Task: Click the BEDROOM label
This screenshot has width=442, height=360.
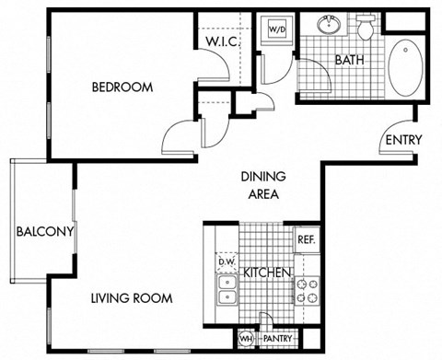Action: [122, 88]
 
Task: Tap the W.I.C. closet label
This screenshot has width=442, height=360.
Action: [223, 42]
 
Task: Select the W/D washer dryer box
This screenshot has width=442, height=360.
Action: [276, 29]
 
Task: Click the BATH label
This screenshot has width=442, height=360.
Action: [350, 61]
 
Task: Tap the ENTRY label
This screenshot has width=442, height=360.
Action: [404, 140]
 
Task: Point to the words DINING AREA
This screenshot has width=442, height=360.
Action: [263, 185]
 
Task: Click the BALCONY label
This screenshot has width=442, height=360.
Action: [43, 231]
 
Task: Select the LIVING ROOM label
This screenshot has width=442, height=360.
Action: [131, 298]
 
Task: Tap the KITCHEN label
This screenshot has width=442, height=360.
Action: [267, 273]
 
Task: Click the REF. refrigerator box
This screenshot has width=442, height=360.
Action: [306, 238]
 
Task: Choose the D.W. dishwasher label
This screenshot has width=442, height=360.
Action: [227, 261]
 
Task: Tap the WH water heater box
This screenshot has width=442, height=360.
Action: [244, 340]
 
